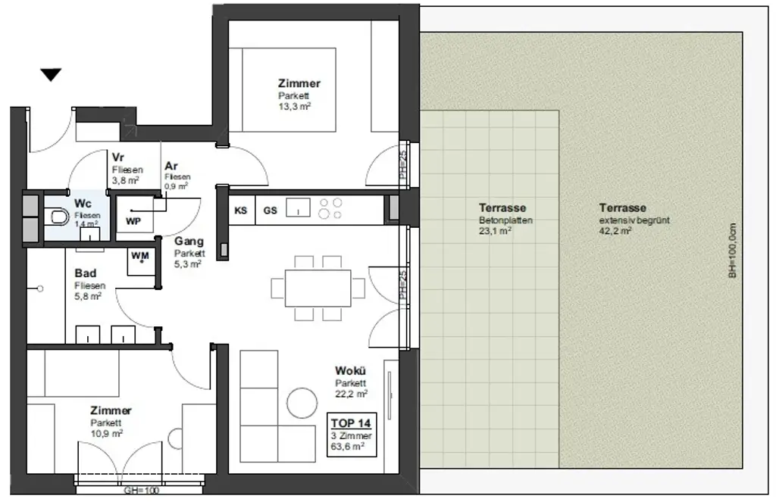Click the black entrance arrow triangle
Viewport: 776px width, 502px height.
(x=51, y=74)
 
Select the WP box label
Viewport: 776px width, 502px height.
(x=133, y=221)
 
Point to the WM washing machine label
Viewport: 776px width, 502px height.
(x=140, y=256)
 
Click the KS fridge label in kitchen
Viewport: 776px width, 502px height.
(x=241, y=210)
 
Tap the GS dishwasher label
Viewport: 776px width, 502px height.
(x=271, y=210)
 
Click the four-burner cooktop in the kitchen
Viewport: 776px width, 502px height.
(x=331, y=209)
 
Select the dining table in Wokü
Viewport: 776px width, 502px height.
(x=311, y=288)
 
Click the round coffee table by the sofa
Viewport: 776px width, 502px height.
(x=302, y=402)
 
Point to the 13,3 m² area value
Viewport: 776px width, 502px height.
(x=296, y=107)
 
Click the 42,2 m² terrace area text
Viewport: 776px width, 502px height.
(x=615, y=232)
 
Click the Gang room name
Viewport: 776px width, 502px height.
(x=188, y=242)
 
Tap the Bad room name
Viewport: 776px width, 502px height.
(x=85, y=273)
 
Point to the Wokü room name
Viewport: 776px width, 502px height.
(x=351, y=371)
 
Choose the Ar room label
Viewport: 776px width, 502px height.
(x=171, y=166)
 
